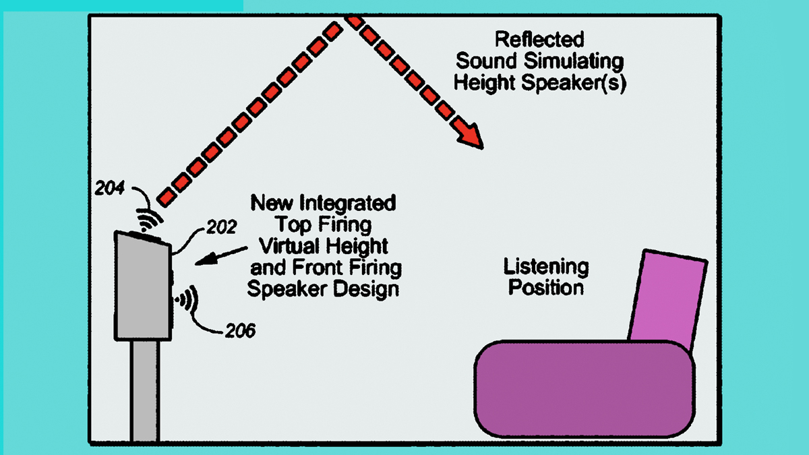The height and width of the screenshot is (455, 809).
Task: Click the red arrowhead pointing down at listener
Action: [x=473, y=136]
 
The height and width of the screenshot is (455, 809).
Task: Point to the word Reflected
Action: [x=539, y=39]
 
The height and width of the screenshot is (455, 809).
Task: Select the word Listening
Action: [x=545, y=266]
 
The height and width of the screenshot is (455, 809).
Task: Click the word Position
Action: [x=545, y=288]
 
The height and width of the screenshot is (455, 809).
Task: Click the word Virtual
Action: [x=287, y=246]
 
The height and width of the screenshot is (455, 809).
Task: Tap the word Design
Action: [x=367, y=289]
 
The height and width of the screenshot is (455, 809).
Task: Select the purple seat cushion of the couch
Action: [x=584, y=391]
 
